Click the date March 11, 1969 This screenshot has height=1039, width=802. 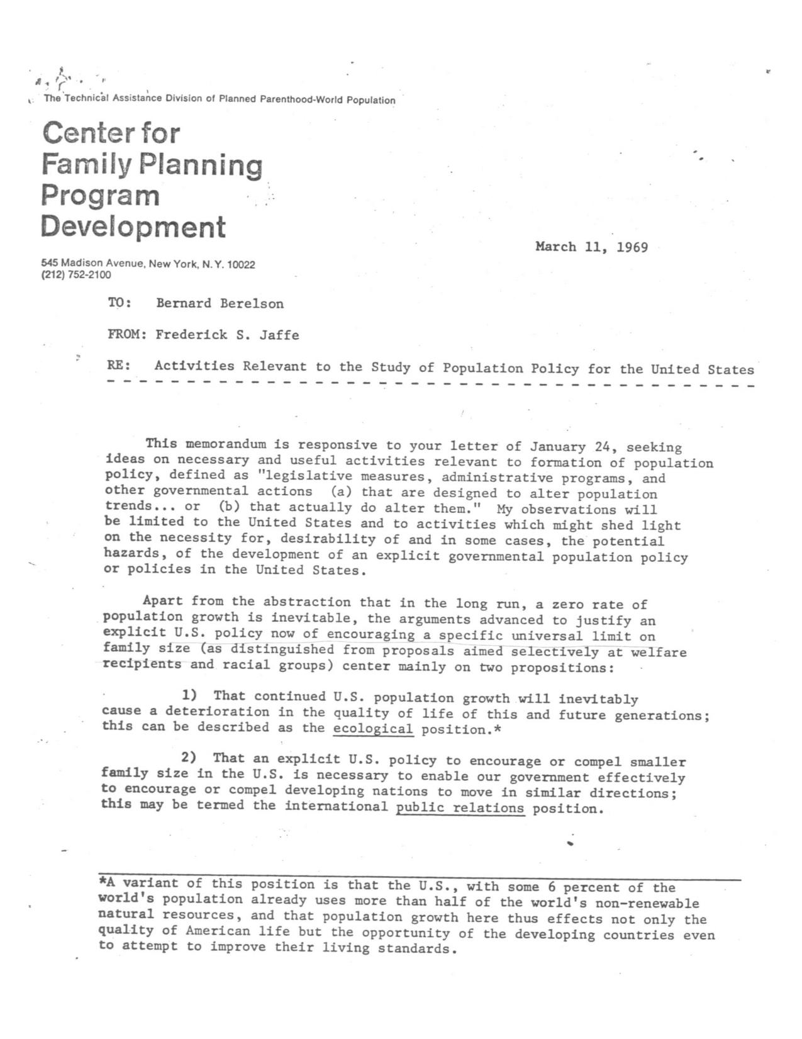[591, 247]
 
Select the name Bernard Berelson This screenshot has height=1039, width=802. [220, 303]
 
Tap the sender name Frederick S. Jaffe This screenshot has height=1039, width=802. [227, 335]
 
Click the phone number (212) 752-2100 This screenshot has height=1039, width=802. [75, 275]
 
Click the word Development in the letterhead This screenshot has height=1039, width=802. [133, 227]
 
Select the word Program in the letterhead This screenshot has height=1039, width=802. [101, 195]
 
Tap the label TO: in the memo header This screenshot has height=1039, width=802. [120, 303]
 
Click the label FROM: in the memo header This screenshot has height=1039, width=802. [127, 335]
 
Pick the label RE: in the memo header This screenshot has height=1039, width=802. [119, 366]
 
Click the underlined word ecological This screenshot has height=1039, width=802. [373, 729]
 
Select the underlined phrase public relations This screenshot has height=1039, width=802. [460, 808]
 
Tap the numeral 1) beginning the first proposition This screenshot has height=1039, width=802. [189, 695]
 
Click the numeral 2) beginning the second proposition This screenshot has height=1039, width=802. [189, 758]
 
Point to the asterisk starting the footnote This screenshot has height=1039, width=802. [103, 882]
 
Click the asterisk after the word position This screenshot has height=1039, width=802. [497, 729]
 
